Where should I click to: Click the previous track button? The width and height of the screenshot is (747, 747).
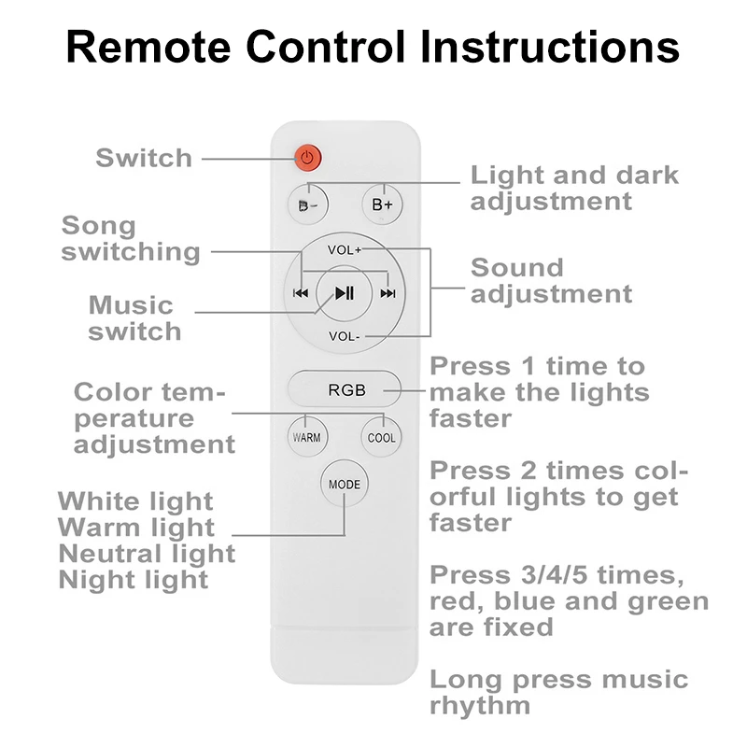pos(301,293)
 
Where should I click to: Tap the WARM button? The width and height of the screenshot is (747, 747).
pos(306,437)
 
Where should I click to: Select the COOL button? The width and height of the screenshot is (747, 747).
pos(382,437)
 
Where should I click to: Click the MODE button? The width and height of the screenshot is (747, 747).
pos(344,484)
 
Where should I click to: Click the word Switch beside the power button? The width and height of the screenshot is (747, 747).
pos(144,158)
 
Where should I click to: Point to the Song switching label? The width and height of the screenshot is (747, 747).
pos(131,239)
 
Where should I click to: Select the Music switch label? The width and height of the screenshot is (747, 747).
pos(135,318)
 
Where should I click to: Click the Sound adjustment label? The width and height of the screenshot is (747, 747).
pos(551,280)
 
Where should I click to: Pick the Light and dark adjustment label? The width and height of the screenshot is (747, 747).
pos(574,188)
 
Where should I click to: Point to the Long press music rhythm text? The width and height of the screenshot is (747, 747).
pos(558,692)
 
